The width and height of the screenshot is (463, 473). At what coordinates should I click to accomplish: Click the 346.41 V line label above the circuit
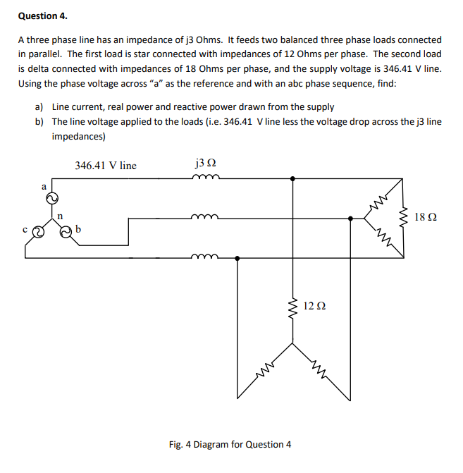click(106, 166)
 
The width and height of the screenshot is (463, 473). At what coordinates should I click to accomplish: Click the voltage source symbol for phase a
click(51, 200)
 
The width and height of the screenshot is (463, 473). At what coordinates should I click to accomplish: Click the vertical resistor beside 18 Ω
click(404, 217)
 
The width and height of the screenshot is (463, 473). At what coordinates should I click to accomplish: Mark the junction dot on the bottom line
click(237, 258)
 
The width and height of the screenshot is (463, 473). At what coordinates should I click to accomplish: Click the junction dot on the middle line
click(350, 219)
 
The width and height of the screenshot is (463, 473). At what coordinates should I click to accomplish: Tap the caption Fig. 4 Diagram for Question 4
click(230, 444)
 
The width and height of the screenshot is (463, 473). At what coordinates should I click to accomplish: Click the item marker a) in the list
click(39, 107)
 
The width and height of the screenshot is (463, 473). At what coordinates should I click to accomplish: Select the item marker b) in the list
click(39, 121)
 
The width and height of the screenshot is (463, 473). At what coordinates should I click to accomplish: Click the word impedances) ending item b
click(78, 135)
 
